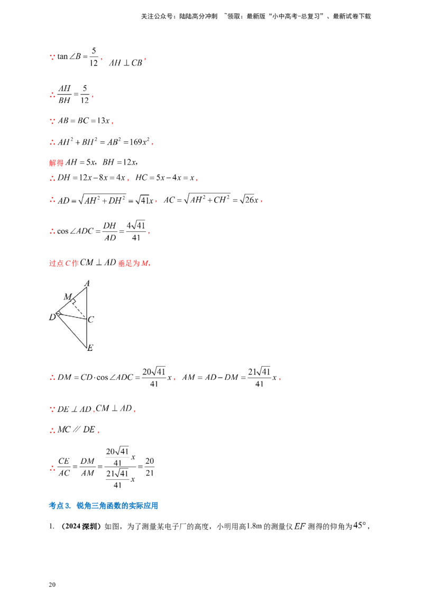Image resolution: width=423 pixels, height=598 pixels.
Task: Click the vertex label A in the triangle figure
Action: [87, 283]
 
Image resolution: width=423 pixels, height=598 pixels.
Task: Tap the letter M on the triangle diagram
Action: [67, 297]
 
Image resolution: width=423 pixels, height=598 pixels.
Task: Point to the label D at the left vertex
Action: [52, 317]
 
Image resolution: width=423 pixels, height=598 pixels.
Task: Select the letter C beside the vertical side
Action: [91, 319]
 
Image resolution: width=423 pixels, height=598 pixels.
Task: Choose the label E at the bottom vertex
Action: [90, 348]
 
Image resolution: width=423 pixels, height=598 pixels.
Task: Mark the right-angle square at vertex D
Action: [59, 314]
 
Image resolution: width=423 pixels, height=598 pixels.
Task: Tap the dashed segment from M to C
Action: [80, 309]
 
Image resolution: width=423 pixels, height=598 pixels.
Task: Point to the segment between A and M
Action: [79, 293]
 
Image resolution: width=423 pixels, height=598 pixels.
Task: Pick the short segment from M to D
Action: [65, 306]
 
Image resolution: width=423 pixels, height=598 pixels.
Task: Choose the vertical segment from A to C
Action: [87, 302]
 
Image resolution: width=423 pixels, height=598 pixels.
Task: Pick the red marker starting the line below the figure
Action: [52, 377]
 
